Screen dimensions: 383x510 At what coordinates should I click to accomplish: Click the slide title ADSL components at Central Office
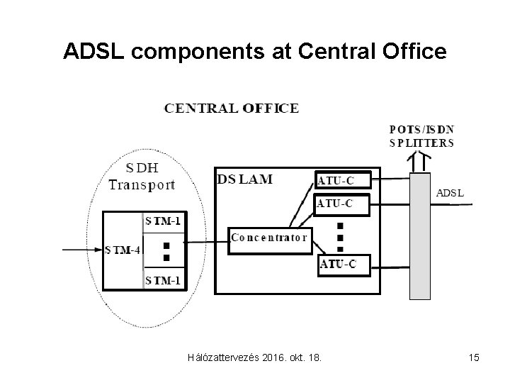(255, 51)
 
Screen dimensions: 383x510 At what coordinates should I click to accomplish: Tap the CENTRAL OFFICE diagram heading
(232, 109)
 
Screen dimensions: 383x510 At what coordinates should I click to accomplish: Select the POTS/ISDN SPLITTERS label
(421, 135)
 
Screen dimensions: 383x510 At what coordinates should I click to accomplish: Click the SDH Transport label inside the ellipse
(142, 177)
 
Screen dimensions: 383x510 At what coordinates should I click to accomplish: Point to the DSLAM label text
(245, 179)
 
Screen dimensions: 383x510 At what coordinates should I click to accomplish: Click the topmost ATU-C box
(344, 180)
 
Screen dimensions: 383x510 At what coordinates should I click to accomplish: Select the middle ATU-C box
(344, 204)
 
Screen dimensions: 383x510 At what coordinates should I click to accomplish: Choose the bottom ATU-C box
(344, 265)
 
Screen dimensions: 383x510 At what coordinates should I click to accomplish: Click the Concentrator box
(269, 237)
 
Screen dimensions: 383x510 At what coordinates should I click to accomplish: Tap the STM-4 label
(123, 250)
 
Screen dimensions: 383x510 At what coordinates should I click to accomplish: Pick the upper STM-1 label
(163, 221)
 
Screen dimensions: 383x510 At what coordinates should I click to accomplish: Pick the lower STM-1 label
(163, 281)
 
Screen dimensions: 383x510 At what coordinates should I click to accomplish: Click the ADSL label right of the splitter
(449, 191)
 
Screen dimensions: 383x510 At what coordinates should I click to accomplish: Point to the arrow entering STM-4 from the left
(81, 250)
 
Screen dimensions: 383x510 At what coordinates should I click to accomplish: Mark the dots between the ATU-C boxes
(340, 235)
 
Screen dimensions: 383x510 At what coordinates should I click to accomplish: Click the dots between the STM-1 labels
(166, 250)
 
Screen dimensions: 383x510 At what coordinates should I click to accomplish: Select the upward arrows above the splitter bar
(420, 162)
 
